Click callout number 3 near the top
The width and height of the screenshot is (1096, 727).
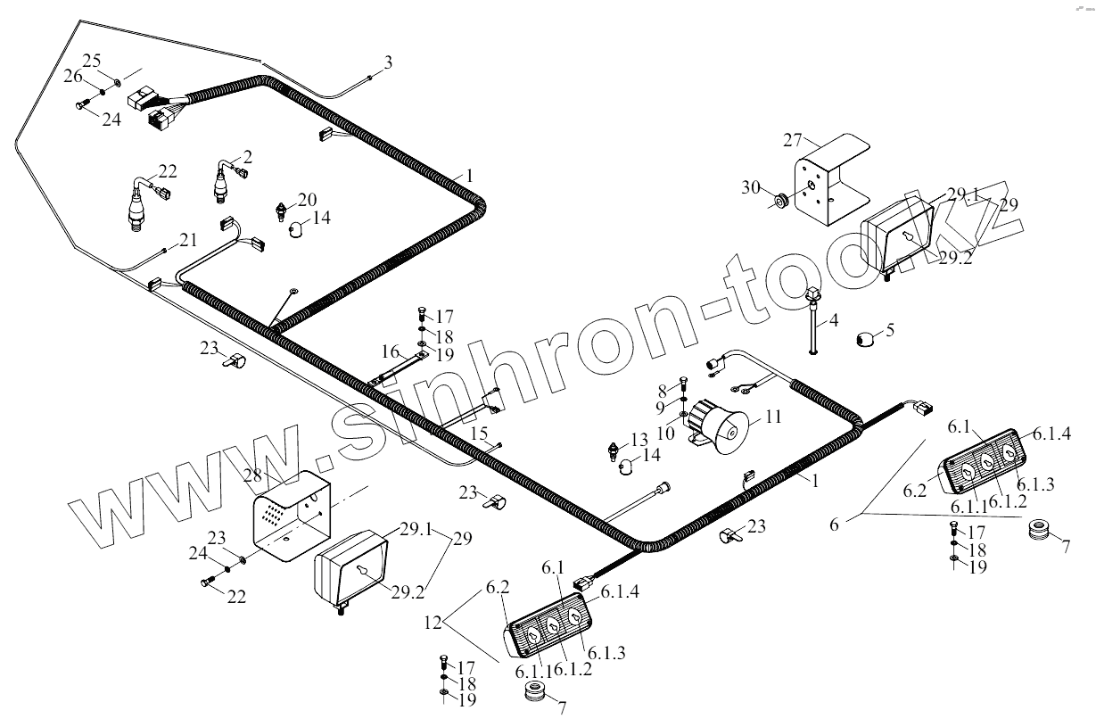[x=387, y=62]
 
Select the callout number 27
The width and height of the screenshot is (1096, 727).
[x=792, y=141]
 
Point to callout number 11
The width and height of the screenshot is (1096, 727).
[x=771, y=416]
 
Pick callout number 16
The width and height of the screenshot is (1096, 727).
[x=390, y=350]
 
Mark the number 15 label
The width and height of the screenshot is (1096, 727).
[x=479, y=433]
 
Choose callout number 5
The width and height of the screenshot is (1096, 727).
[x=889, y=331]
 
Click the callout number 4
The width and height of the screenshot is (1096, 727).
[x=834, y=318]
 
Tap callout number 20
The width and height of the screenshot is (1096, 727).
[x=307, y=198]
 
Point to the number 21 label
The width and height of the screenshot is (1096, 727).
[x=187, y=239]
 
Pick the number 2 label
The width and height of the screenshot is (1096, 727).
[x=247, y=157]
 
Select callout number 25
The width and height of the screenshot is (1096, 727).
[x=92, y=60]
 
